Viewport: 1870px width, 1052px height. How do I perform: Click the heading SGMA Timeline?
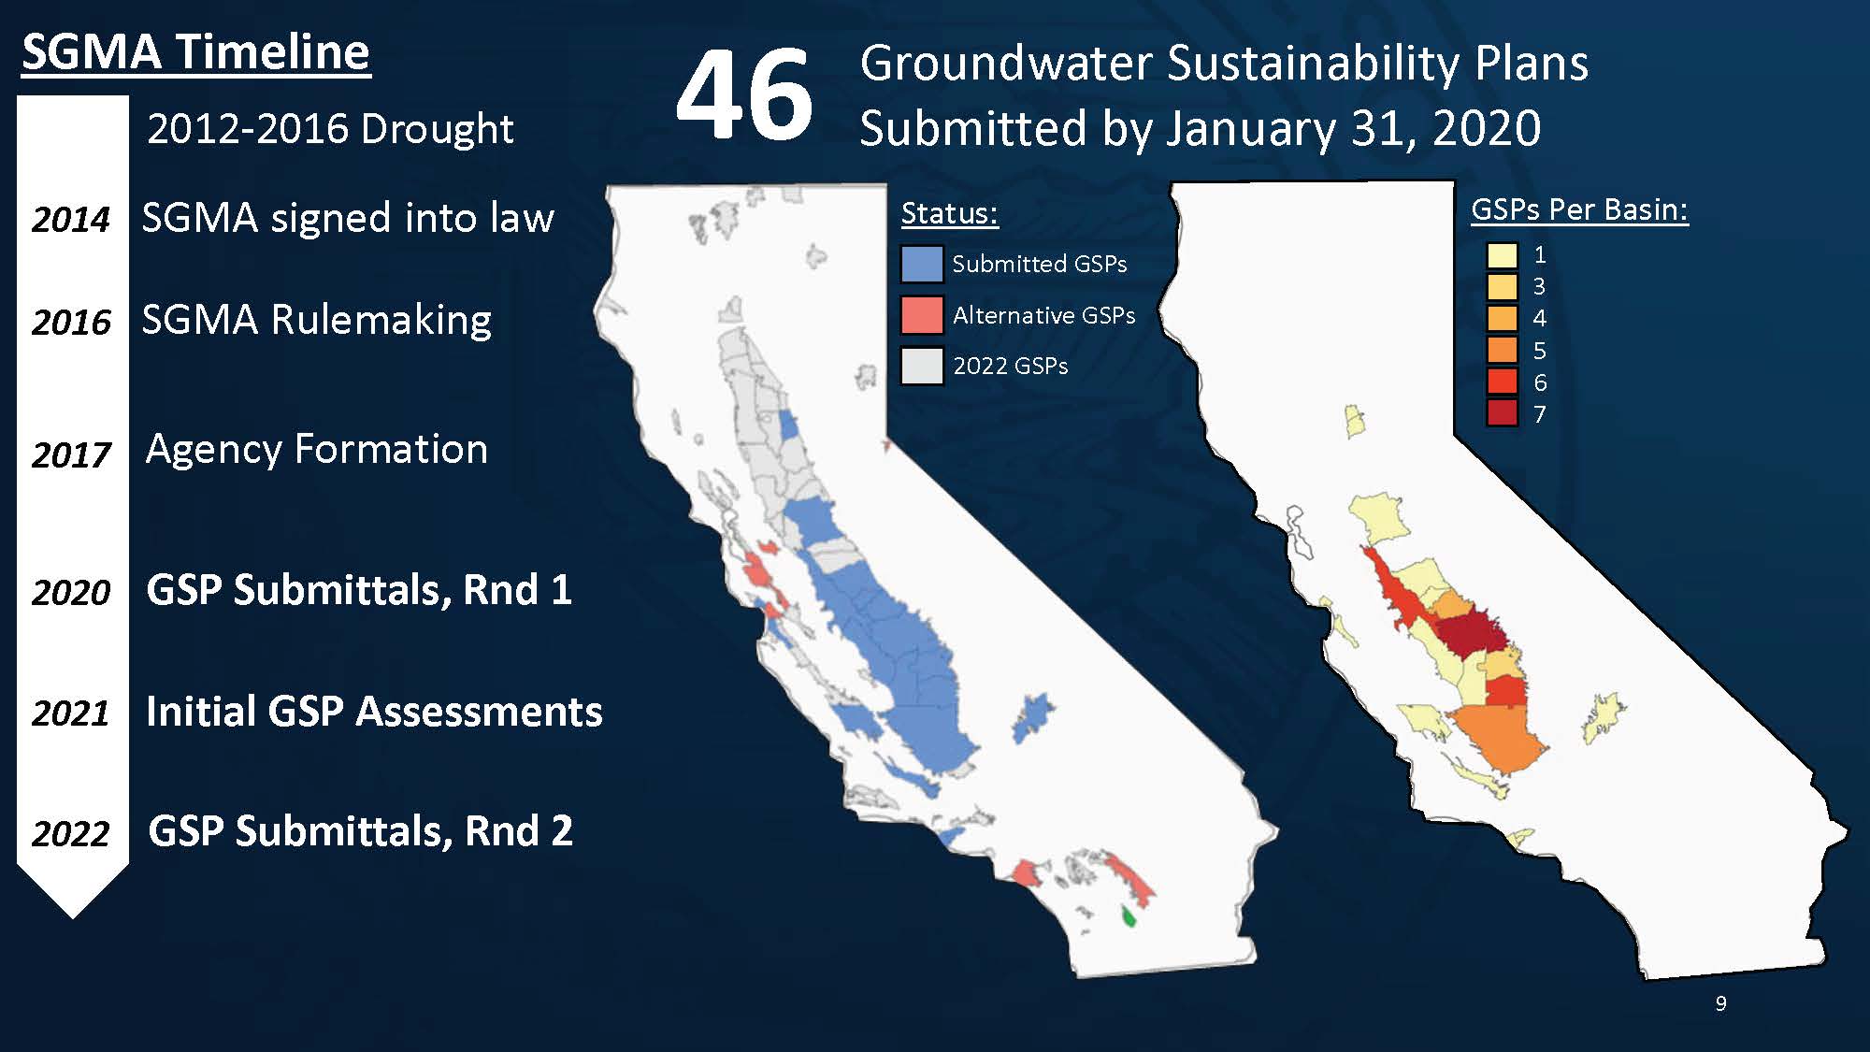(196, 51)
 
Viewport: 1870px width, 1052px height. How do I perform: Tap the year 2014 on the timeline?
(71, 220)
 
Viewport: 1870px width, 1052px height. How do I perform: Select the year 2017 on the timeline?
(71, 455)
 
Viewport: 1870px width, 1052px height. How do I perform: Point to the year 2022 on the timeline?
(71, 833)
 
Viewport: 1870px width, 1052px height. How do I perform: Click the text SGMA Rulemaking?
(317, 320)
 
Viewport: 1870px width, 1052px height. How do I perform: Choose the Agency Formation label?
(317, 450)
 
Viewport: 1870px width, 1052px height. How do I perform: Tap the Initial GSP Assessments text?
(374, 712)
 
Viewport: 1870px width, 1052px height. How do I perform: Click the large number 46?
(744, 94)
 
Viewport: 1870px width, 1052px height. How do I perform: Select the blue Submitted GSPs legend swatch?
(922, 265)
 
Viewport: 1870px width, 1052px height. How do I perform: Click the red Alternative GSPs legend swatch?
(922, 315)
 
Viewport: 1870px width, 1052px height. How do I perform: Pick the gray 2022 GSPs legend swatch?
(922, 366)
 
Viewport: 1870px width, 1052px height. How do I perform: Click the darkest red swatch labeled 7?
(1503, 413)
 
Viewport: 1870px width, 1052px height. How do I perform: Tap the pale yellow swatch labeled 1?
(1503, 255)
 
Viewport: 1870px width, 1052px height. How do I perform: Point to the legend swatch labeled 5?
(1503, 350)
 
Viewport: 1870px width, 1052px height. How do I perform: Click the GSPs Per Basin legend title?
(1580, 209)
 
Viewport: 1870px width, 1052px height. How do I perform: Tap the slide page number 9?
(1721, 1003)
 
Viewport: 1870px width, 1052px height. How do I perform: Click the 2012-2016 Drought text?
(330, 129)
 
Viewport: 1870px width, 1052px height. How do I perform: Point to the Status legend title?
(950, 213)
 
